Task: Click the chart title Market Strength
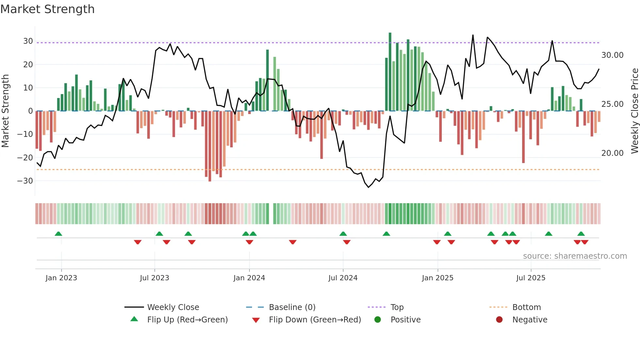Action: (x=48, y=9)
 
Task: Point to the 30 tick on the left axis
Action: (x=28, y=41)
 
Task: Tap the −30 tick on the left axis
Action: (x=25, y=181)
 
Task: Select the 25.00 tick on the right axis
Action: (x=612, y=104)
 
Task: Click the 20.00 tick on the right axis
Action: (x=612, y=153)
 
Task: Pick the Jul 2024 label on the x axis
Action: (x=343, y=278)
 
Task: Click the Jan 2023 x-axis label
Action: (x=61, y=278)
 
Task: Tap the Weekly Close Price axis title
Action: (x=634, y=111)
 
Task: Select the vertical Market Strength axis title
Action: (x=6, y=111)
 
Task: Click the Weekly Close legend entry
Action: (x=173, y=307)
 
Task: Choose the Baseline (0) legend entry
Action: (x=292, y=307)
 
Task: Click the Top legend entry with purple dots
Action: (x=397, y=307)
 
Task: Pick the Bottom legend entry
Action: (x=526, y=307)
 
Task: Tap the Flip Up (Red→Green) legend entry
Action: (x=187, y=320)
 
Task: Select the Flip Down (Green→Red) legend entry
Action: (x=314, y=320)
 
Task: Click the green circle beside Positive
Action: (x=378, y=320)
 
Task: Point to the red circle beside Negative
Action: (x=499, y=320)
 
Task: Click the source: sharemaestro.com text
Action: (x=575, y=256)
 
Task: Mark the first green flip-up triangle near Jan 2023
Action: (x=58, y=234)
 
